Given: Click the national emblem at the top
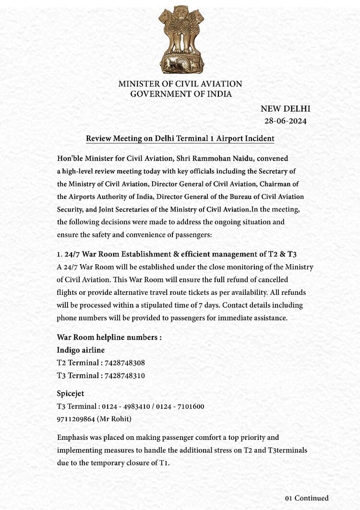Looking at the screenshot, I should coord(180,39).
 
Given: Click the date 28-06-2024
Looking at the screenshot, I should coord(285,121).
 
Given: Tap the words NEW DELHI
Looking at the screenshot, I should coord(285,109).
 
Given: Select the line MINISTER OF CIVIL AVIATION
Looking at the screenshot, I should coord(180,84).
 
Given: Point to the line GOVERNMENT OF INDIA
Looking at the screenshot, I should coord(181,94).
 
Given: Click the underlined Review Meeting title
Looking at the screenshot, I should coord(180,139).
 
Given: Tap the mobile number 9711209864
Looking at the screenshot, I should coord(76,419).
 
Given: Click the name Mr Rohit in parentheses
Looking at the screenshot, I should coord(115,419).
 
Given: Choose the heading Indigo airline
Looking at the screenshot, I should coord(81,350).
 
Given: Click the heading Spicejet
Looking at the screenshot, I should coord(71,394).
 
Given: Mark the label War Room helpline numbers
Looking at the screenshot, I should coord(109,337).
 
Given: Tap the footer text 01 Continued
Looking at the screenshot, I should coord(307,498).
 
